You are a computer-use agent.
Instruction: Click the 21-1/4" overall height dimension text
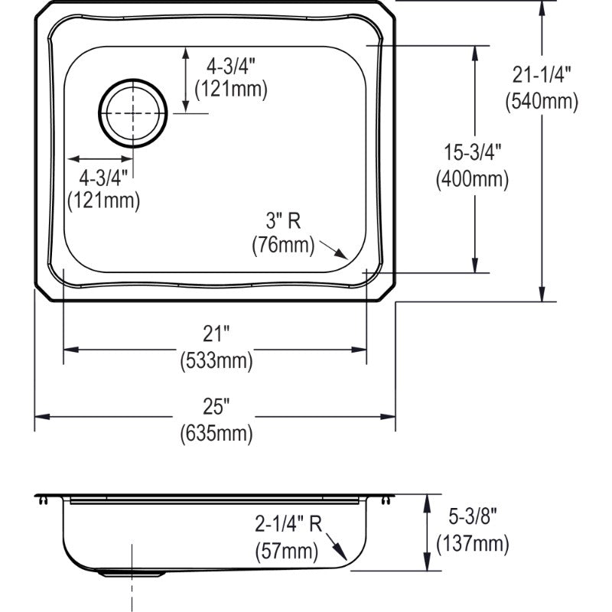pos(542,75)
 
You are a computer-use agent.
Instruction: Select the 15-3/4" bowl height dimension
pos(472,152)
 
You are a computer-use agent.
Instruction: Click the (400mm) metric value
pos(472,179)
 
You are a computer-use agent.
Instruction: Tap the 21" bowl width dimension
pos(216,334)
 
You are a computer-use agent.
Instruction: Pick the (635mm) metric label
pos(216,434)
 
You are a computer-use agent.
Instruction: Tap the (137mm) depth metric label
pos(472,544)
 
